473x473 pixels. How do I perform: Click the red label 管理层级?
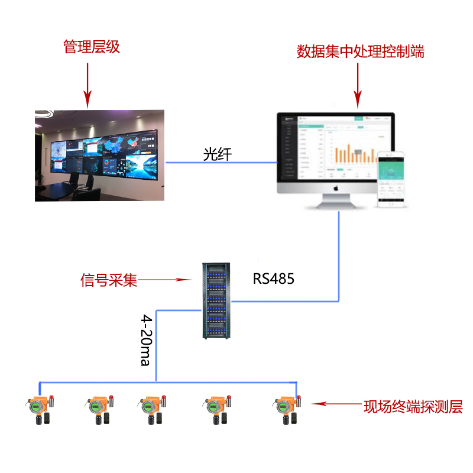pos(92,47)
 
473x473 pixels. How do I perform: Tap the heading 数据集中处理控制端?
pos(360,51)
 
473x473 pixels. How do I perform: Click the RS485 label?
pos(274,278)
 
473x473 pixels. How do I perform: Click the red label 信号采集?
pos(109,280)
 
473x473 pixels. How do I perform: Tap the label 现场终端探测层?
pos(413,406)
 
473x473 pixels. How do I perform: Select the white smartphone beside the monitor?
pos(391,179)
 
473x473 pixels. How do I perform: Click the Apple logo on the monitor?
pos(335,189)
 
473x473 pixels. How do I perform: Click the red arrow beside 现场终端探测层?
pos(335,404)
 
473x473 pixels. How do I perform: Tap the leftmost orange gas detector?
pos(38,409)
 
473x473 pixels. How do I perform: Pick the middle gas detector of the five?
pos(152,409)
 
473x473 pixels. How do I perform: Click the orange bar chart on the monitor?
pos(354,154)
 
